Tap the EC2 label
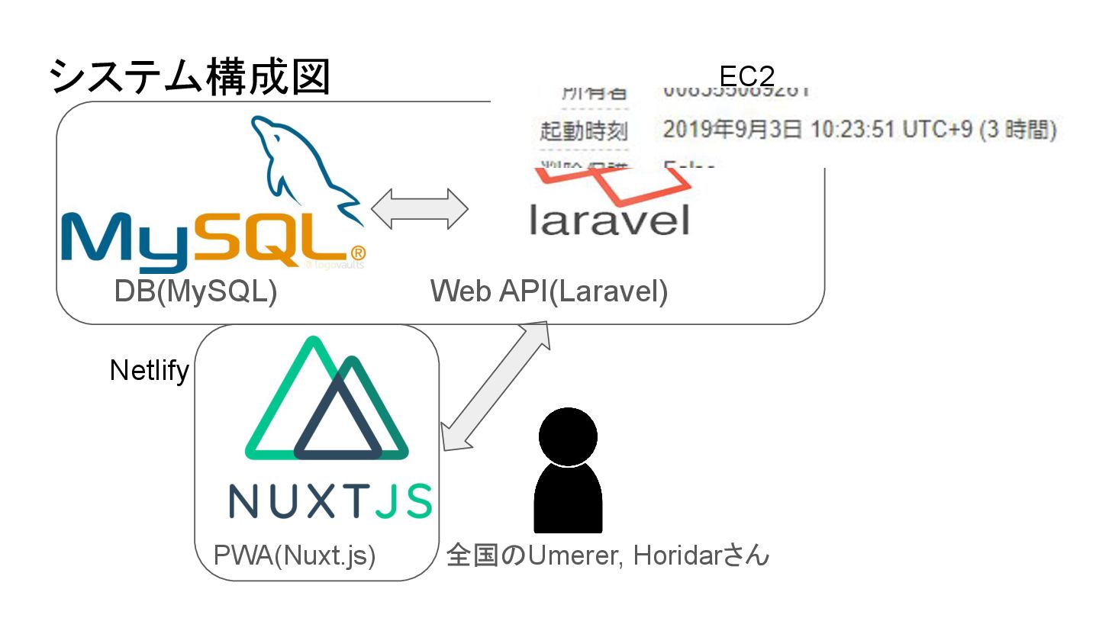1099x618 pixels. pos(746,76)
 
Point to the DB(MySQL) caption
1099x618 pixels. pos(195,291)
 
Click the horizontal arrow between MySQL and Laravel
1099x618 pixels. pos(419,208)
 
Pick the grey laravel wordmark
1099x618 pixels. pos(609,219)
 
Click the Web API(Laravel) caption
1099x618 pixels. pos(549,291)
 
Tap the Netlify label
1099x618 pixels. pos(149,370)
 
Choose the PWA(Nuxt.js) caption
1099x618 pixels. pos(295,555)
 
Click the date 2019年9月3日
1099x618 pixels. pos(732,130)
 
